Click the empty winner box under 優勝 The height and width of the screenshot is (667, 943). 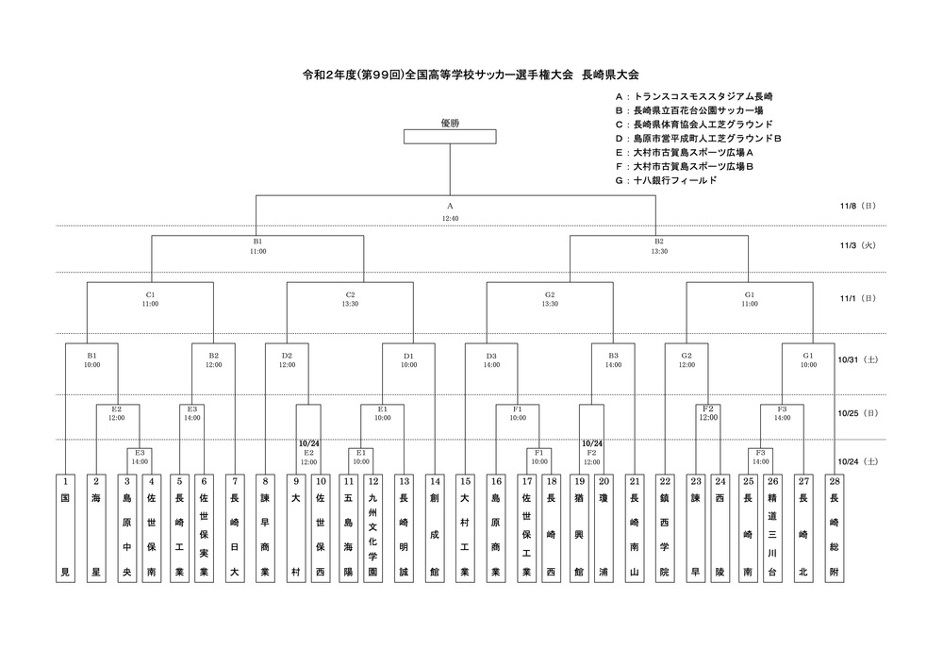[450, 137]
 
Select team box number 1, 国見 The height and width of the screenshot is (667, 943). [66, 528]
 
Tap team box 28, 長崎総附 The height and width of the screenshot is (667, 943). [835, 528]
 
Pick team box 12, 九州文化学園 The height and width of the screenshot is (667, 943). [372, 528]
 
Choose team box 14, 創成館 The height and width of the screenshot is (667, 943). [434, 528]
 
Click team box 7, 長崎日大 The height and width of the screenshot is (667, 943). [235, 528]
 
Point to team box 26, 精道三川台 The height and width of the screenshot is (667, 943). [773, 528]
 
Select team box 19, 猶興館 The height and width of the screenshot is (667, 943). [579, 528]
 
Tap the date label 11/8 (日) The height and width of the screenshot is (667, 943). [858, 206]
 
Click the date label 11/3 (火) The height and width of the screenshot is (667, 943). [858, 245]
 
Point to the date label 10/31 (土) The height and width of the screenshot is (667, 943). [858, 359]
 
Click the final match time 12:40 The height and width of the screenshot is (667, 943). [450, 218]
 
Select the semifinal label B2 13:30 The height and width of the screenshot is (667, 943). [659, 246]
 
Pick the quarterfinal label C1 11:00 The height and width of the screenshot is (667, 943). [150, 299]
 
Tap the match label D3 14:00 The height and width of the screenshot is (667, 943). [491, 360]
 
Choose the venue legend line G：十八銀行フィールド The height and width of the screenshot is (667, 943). [666, 180]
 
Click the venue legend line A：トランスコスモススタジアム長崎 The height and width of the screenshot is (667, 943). [694, 97]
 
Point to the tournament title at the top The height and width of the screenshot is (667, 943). [471, 75]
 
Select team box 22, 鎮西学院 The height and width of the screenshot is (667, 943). [665, 528]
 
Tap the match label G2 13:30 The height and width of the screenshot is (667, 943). [550, 299]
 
